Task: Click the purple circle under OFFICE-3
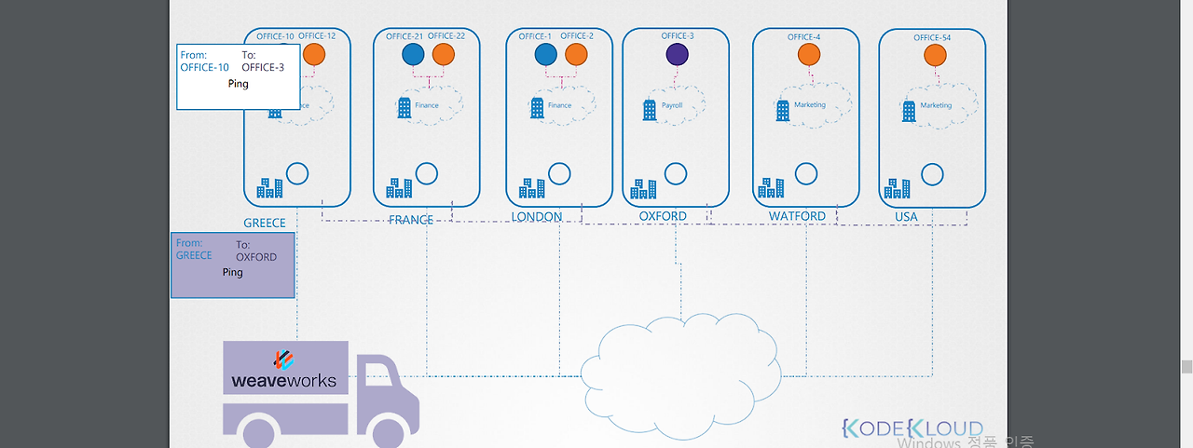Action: coord(677,54)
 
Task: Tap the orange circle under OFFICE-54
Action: coord(933,55)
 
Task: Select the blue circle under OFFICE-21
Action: coord(413,54)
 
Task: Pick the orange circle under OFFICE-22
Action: coord(444,54)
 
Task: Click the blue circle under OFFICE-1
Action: coord(546,54)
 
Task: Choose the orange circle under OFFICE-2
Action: coord(576,54)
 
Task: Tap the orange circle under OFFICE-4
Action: coord(808,54)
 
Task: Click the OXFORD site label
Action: coord(663,216)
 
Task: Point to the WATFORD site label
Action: coord(797,216)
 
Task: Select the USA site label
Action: coord(906,217)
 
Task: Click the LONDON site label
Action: coord(537,217)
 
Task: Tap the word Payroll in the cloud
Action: coord(672,106)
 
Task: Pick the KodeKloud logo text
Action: coord(912,428)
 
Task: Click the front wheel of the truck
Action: coord(385,433)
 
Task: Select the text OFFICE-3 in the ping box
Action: coord(263,67)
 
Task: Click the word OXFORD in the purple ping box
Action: coord(256,257)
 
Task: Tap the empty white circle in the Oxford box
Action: coord(676,173)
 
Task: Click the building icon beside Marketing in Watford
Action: coord(783,111)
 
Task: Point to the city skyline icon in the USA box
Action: coord(897,188)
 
